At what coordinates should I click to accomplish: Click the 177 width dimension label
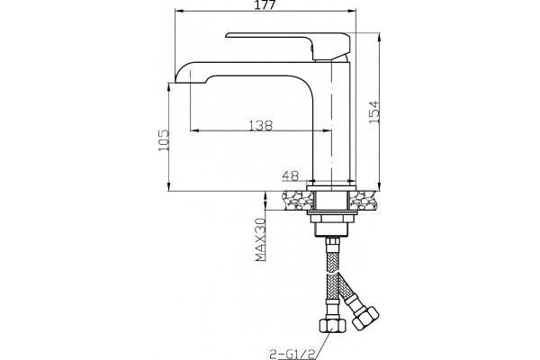coord(265,4)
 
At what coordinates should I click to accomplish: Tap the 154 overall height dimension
coord(374,112)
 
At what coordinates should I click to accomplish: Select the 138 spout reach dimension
coord(261,125)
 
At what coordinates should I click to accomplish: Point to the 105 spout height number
coord(164,139)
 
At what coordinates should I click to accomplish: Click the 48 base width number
coord(291,175)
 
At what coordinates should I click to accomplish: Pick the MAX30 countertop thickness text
coord(261,239)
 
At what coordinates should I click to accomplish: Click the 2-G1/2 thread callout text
coord(292,354)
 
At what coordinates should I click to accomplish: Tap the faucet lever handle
coord(289,44)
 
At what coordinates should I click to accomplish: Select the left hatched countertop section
coord(298,201)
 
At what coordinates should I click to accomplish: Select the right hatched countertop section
coord(364,201)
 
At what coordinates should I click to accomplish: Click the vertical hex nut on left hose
coord(331,325)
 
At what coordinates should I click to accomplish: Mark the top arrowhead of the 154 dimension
coord(379,38)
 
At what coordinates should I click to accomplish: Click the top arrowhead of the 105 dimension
coord(169,87)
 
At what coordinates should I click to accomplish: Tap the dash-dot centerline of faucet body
coord(331,124)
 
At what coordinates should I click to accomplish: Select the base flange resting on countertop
coord(331,188)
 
